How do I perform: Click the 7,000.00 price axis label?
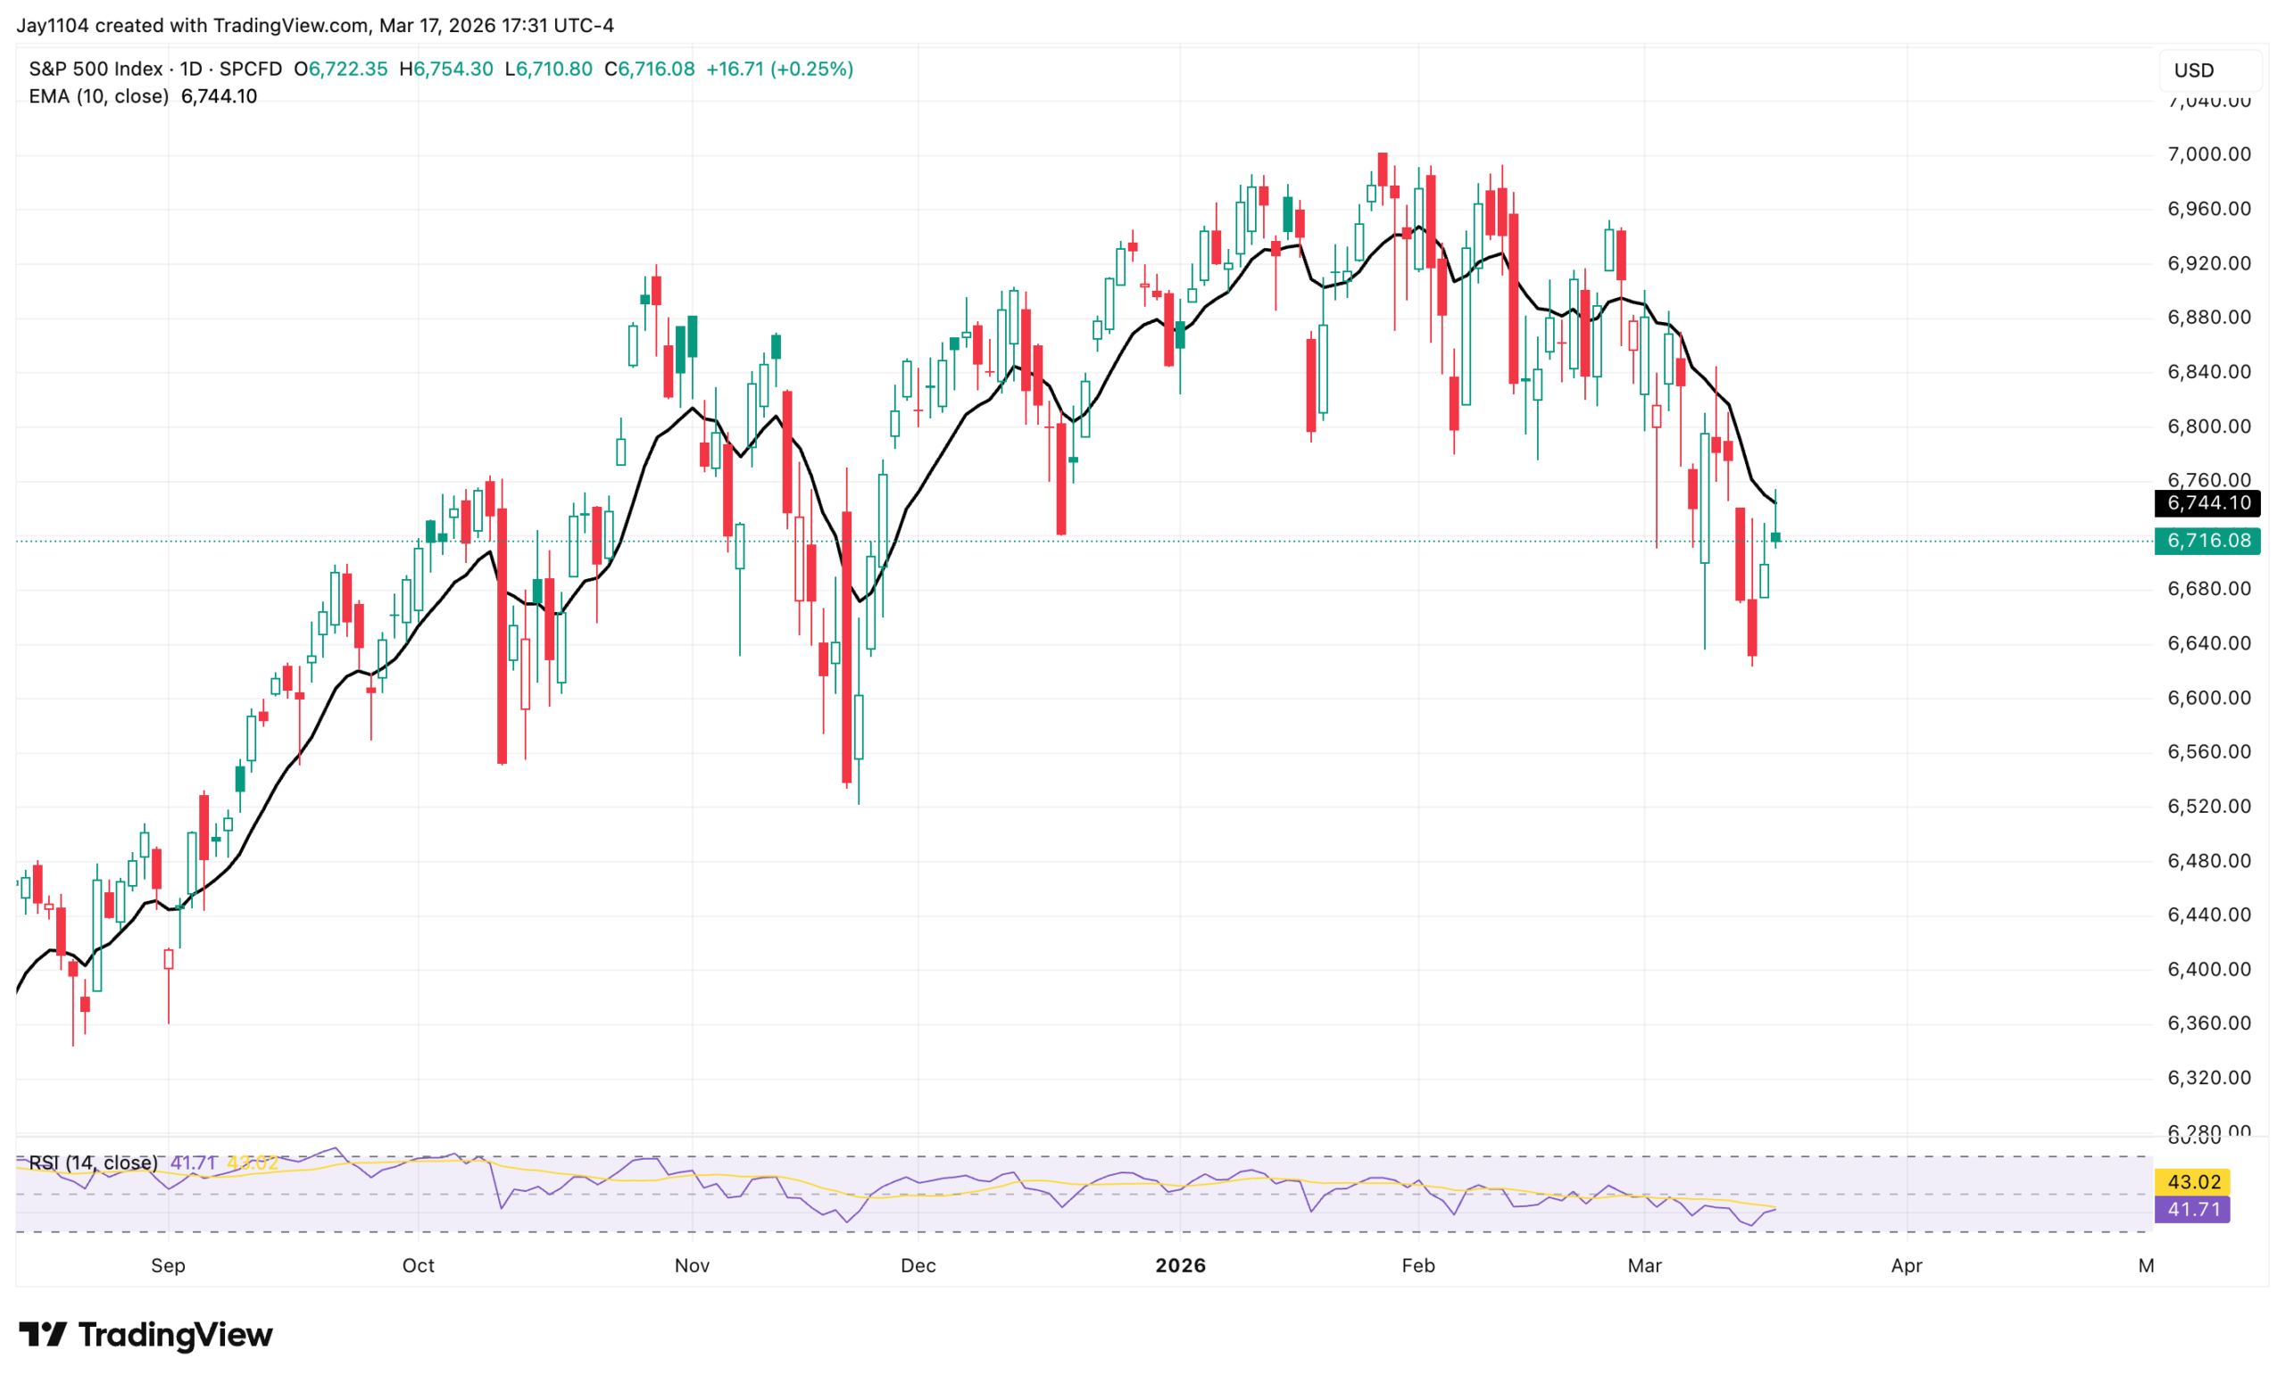click(2208, 153)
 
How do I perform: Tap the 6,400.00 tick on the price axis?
click(2208, 970)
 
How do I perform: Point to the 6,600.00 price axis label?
click(2208, 698)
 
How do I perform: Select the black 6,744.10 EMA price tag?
click(2207, 503)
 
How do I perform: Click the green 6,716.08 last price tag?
click(2207, 541)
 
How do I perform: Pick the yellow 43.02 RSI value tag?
click(2192, 1182)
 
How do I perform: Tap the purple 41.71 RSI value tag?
click(2192, 1210)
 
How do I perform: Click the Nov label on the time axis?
click(692, 1265)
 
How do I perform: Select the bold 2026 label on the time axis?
click(1180, 1265)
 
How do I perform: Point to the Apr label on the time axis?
click(1906, 1265)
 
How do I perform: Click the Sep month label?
click(168, 1265)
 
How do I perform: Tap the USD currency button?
click(2194, 70)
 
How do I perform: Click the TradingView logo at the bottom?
click(145, 1335)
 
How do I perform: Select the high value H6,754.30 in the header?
click(446, 69)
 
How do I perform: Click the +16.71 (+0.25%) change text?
click(779, 69)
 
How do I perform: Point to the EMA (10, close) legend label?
click(98, 96)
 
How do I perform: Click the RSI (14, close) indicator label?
click(93, 1163)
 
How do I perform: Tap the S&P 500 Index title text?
click(96, 69)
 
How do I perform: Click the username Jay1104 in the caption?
click(53, 25)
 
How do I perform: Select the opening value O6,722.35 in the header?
click(340, 69)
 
